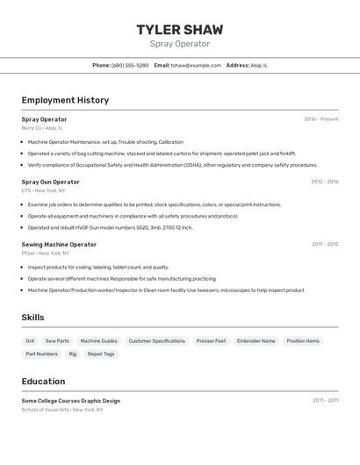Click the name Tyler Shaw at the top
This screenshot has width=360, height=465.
pos(180,30)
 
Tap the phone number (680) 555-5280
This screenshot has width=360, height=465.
pos(130,65)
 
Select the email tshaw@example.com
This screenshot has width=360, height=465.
pos(196,65)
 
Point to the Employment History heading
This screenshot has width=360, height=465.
pos(65,100)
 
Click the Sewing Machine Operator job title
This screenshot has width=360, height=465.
pos(59,244)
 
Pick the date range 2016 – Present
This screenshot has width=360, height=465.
pos(320,118)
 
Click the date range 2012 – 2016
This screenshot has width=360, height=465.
pos(324,182)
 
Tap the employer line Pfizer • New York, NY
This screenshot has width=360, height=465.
pos(46,253)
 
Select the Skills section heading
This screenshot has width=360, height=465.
pos(32,318)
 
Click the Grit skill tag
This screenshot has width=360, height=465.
pos(30,340)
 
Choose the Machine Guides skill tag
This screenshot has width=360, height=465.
pos(98,340)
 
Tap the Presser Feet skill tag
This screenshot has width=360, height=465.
pos(211,340)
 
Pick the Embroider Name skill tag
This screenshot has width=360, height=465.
pos(256,340)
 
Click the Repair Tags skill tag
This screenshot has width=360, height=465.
pos(101,354)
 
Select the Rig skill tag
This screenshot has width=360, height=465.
pos(73,354)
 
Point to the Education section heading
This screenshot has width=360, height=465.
pos(43,382)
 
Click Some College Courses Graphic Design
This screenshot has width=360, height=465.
pos(70,400)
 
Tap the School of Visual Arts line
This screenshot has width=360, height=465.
pos(62,409)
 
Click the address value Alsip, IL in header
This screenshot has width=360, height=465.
pos(259,65)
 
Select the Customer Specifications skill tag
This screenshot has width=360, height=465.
pos(156,340)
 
